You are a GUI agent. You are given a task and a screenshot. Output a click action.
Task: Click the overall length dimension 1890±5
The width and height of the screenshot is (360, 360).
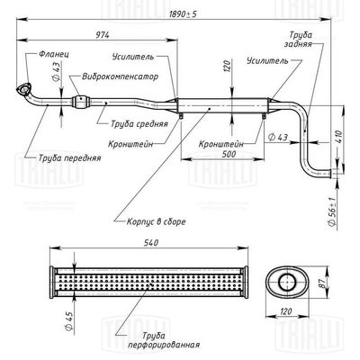tap(183, 13)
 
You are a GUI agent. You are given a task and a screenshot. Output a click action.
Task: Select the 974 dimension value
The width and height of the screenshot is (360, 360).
tap(103, 34)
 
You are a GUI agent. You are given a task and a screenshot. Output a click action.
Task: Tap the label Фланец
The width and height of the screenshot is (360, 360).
tap(54, 55)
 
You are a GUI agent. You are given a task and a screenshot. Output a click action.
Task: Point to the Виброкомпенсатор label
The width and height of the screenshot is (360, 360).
tap(120, 76)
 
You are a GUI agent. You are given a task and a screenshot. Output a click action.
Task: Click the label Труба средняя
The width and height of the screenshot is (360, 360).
tap(139, 123)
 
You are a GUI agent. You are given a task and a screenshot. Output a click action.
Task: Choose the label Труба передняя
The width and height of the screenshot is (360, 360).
tap(69, 157)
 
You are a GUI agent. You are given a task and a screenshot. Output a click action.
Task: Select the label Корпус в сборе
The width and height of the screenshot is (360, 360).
tap(156, 221)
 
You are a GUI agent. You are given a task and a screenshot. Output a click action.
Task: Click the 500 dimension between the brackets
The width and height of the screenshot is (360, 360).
tap(229, 154)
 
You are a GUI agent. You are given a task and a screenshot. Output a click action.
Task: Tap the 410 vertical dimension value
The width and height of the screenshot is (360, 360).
tap(339, 137)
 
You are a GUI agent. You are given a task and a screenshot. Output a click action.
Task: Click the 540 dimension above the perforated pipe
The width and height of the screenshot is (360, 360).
tap(151, 243)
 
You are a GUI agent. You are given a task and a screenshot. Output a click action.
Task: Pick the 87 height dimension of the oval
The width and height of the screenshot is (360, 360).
tap(321, 283)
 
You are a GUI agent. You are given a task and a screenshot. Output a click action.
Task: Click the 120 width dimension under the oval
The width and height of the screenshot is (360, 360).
tap(285, 311)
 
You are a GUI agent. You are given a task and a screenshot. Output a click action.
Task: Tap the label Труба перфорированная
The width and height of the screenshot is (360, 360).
tap(164, 340)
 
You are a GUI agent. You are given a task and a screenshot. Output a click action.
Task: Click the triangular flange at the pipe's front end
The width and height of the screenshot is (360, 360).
tap(22, 90)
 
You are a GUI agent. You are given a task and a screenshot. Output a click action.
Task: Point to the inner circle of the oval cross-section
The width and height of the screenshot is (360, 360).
tap(287, 282)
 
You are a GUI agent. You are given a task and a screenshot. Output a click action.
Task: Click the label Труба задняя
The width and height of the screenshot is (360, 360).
tap(297, 40)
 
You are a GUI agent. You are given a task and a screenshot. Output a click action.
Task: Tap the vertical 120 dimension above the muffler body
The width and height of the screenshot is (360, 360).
tap(228, 67)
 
